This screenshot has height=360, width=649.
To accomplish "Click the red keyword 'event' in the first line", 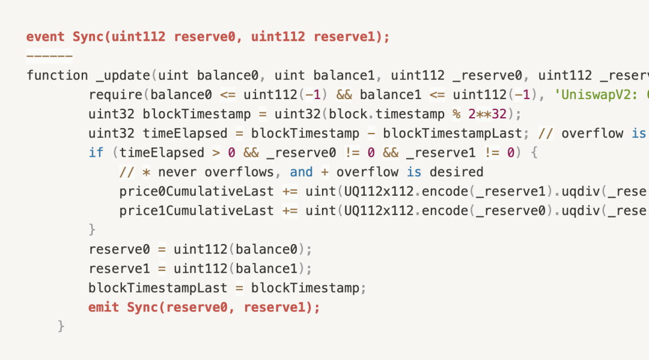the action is [x=46, y=37].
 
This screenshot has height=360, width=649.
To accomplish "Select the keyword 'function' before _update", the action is [x=57, y=75].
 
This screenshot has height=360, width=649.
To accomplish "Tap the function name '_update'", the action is [x=123, y=76].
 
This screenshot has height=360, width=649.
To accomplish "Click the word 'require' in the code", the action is [x=115, y=95].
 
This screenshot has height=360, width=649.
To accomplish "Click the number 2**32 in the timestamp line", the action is [x=487, y=114].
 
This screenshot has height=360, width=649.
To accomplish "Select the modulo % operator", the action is [x=457, y=114].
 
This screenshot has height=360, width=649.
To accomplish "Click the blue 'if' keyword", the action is [x=96, y=153].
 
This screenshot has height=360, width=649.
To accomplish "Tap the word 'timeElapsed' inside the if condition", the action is [x=162, y=153].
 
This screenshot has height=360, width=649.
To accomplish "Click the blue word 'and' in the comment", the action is [x=301, y=172].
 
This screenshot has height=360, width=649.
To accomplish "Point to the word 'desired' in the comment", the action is [x=456, y=172].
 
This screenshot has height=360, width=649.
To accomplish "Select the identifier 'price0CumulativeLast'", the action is [x=197, y=191].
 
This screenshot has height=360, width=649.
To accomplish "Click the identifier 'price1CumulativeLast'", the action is [x=197, y=210].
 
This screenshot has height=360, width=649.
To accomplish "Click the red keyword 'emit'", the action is [x=103, y=307].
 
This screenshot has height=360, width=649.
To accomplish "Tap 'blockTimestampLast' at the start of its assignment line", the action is [x=157, y=288].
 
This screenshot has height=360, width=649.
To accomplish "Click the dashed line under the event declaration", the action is [x=50, y=55].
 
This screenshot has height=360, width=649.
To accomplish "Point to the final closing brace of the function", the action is [x=61, y=326].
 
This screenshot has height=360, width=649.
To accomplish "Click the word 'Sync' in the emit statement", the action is [x=142, y=308].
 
